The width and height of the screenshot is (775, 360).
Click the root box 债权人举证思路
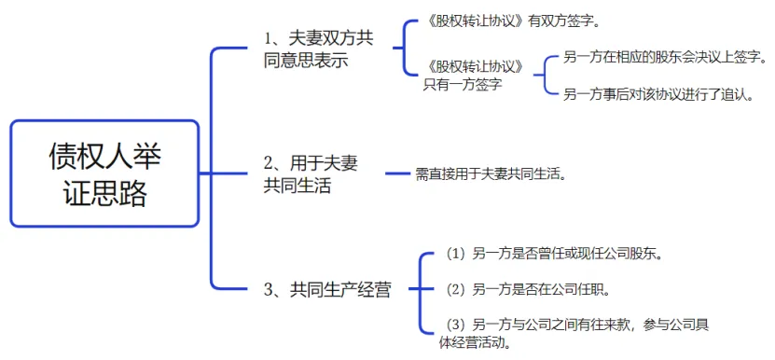pos(104,173)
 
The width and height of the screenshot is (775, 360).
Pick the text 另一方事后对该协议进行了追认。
pos(658,94)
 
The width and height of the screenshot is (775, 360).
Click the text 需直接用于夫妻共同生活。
pos(491,173)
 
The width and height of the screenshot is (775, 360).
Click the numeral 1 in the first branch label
pos(269,39)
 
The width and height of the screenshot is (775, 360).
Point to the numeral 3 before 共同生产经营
pos(269,289)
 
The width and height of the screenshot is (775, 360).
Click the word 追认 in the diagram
pos(728,94)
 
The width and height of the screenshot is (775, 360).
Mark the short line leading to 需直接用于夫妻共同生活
pos(399,173)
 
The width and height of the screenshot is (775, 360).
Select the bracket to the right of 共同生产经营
pos(417,289)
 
